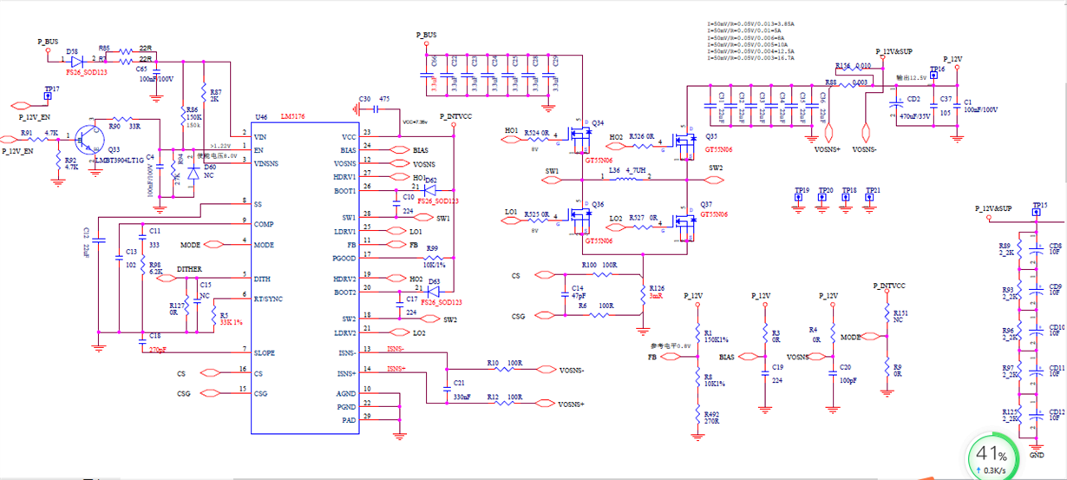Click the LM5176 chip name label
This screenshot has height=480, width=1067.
[293, 116]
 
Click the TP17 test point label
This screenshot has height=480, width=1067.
[51, 89]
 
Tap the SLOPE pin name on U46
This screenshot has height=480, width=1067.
[264, 353]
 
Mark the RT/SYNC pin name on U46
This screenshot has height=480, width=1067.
[269, 299]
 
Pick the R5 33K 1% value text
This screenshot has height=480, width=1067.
[232, 323]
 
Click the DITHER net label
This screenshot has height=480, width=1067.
[189, 269]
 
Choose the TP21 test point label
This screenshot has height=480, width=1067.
[873, 190]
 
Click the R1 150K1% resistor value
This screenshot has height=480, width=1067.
[716, 339]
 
